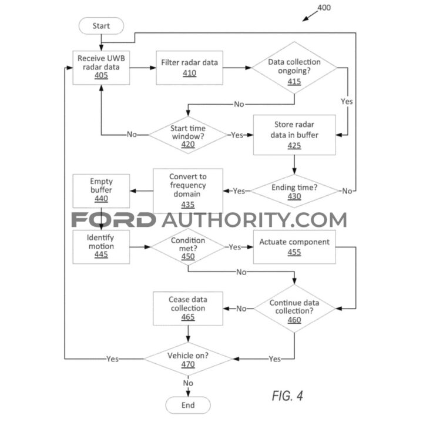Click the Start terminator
click(x=101, y=26)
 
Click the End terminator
click(x=188, y=405)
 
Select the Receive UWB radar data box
click(x=101, y=68)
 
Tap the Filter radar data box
click(x=189, y=68)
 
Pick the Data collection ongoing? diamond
click(x=294, y=68)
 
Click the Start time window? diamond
click(x=188, y=135)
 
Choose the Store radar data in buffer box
click(x=294, y=135)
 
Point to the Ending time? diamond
click(x=294, y=191)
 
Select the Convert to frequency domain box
click(x=188, y=191)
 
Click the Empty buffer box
click(x=101, y=191)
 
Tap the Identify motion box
click(x=101, y=247)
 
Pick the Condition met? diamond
click(x=188, y=247)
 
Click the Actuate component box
click(x=294, y=247)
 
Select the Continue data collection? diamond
click(x=294, y=309)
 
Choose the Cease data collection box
click(x=188, y=309)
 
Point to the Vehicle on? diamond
click(x=188, y=359)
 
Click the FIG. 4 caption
click(x=287, y=396)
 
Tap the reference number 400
click(x=324, y=8)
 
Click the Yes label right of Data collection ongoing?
click(x=347, y=102)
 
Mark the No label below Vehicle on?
click(x=188, y=383)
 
